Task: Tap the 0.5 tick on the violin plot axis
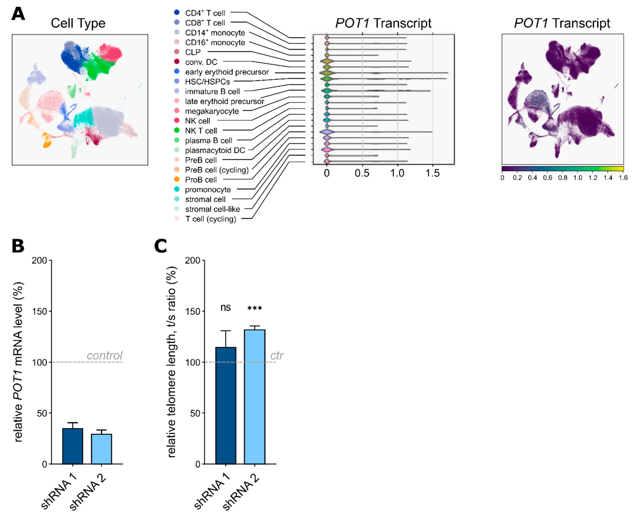(362, 173)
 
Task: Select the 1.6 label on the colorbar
(623, 178)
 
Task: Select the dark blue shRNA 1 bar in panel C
(226, 406)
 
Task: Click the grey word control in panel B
(104, 355)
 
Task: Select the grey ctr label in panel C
(277, 355)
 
